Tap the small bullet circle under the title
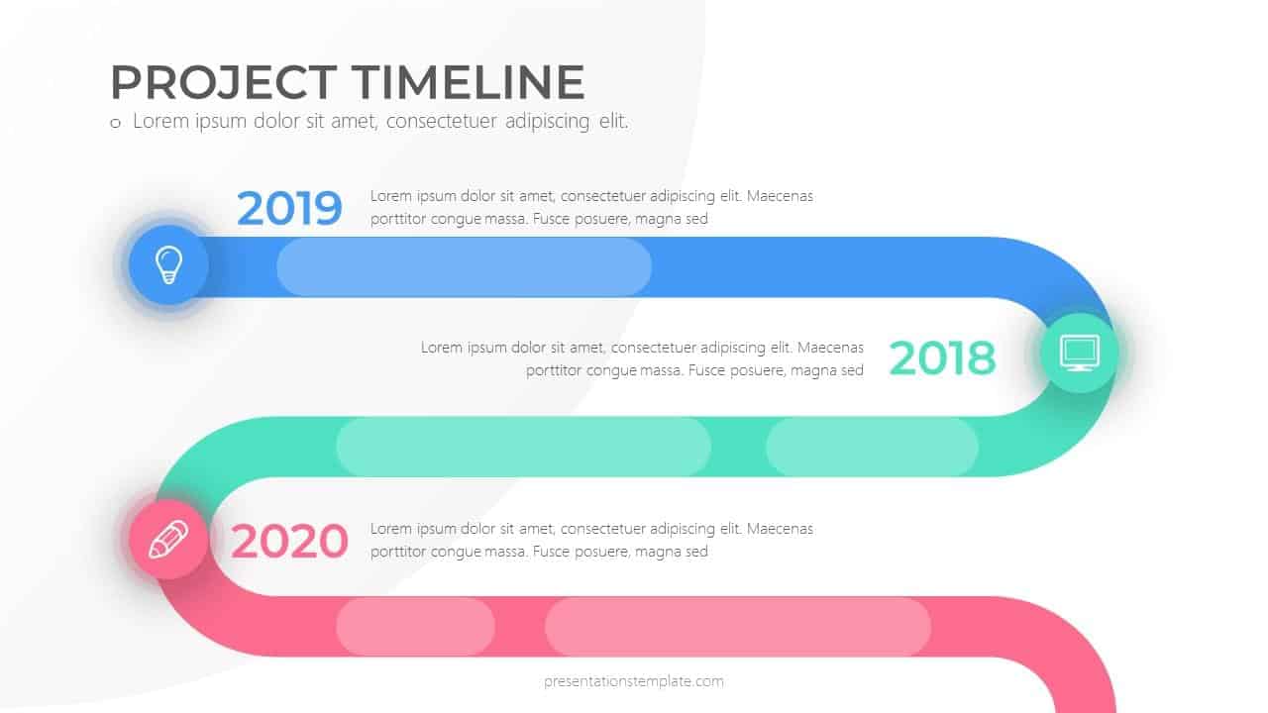[115, 124]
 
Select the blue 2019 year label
[289, 208]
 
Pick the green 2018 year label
[942, 358]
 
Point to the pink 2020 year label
[289, 542]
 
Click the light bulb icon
[168, 264]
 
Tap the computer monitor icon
[1079, 352]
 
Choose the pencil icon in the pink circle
[167, 540]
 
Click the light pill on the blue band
[464, 267]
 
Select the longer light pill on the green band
[523, 447]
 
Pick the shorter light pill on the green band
[872, 447]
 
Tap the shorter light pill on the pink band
[415, 626]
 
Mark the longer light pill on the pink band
[737, 626]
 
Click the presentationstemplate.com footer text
[634, 681]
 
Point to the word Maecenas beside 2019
[780, 196]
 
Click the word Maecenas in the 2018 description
[830, 348]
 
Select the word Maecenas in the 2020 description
[780, 529]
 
